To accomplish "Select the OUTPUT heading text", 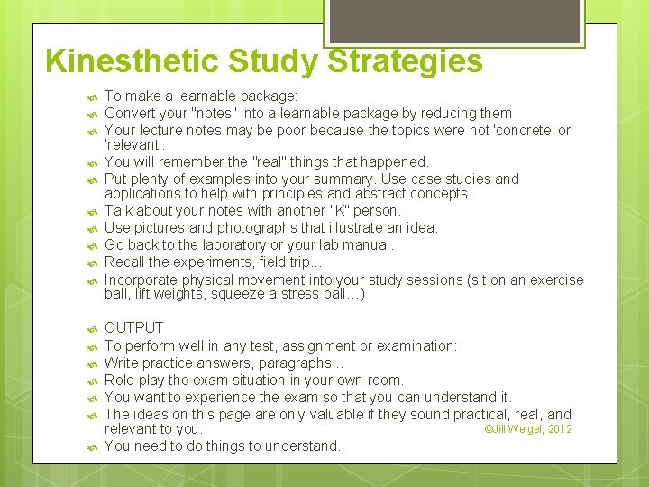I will pyautogui.click(x=133, y=328).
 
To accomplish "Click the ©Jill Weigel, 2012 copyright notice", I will pyautogui.click(x=527, y=429).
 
